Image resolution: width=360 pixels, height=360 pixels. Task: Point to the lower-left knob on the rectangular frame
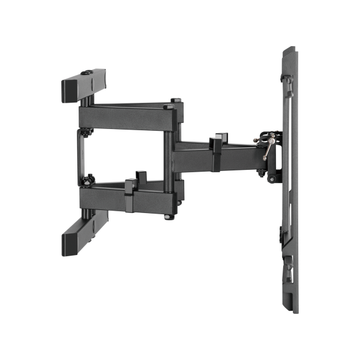pos(90,178)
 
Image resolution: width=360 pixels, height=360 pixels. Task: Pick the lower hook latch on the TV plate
pos(287,264)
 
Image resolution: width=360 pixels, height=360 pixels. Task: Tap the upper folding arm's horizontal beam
pos(126,114)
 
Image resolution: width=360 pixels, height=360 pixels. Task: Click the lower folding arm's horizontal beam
pos(126,194)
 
